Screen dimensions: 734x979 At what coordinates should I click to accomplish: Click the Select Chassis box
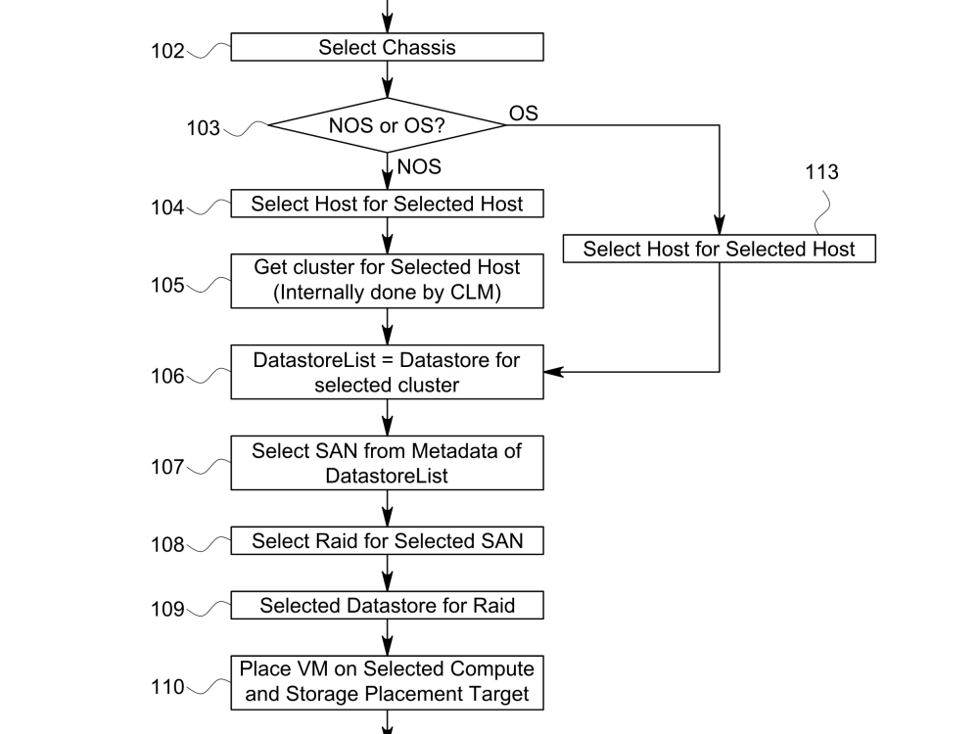point(387,47)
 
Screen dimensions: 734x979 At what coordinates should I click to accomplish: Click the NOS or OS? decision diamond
point(387,126)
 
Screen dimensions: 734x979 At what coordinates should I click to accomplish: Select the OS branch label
point(523,115)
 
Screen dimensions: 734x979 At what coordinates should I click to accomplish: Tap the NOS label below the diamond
point(419,167)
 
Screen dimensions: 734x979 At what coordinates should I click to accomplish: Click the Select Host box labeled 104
point(387,205)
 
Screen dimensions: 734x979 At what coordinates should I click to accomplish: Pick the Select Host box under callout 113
point(720,250)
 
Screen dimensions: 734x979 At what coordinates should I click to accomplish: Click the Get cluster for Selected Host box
point(387,279)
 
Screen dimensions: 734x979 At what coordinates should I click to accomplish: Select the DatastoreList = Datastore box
point(387,372)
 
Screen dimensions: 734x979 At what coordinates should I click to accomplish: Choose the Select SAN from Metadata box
point(387,464)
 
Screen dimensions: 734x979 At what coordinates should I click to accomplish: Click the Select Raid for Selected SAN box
point(387,541)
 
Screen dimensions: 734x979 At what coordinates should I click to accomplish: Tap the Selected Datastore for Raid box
point(387,606)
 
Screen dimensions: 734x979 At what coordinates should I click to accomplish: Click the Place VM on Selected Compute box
point(387,682)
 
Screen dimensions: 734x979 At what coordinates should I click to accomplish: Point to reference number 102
point(166,51)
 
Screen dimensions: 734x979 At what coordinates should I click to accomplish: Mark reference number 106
point(166,377)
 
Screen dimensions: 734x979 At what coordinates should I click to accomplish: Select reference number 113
point(821,173)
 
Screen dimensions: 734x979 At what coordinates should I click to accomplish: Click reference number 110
point(166,687)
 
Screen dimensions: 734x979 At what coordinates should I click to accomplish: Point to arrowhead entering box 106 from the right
point(553,372)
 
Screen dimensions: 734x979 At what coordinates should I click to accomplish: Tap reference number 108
point(166,545)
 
